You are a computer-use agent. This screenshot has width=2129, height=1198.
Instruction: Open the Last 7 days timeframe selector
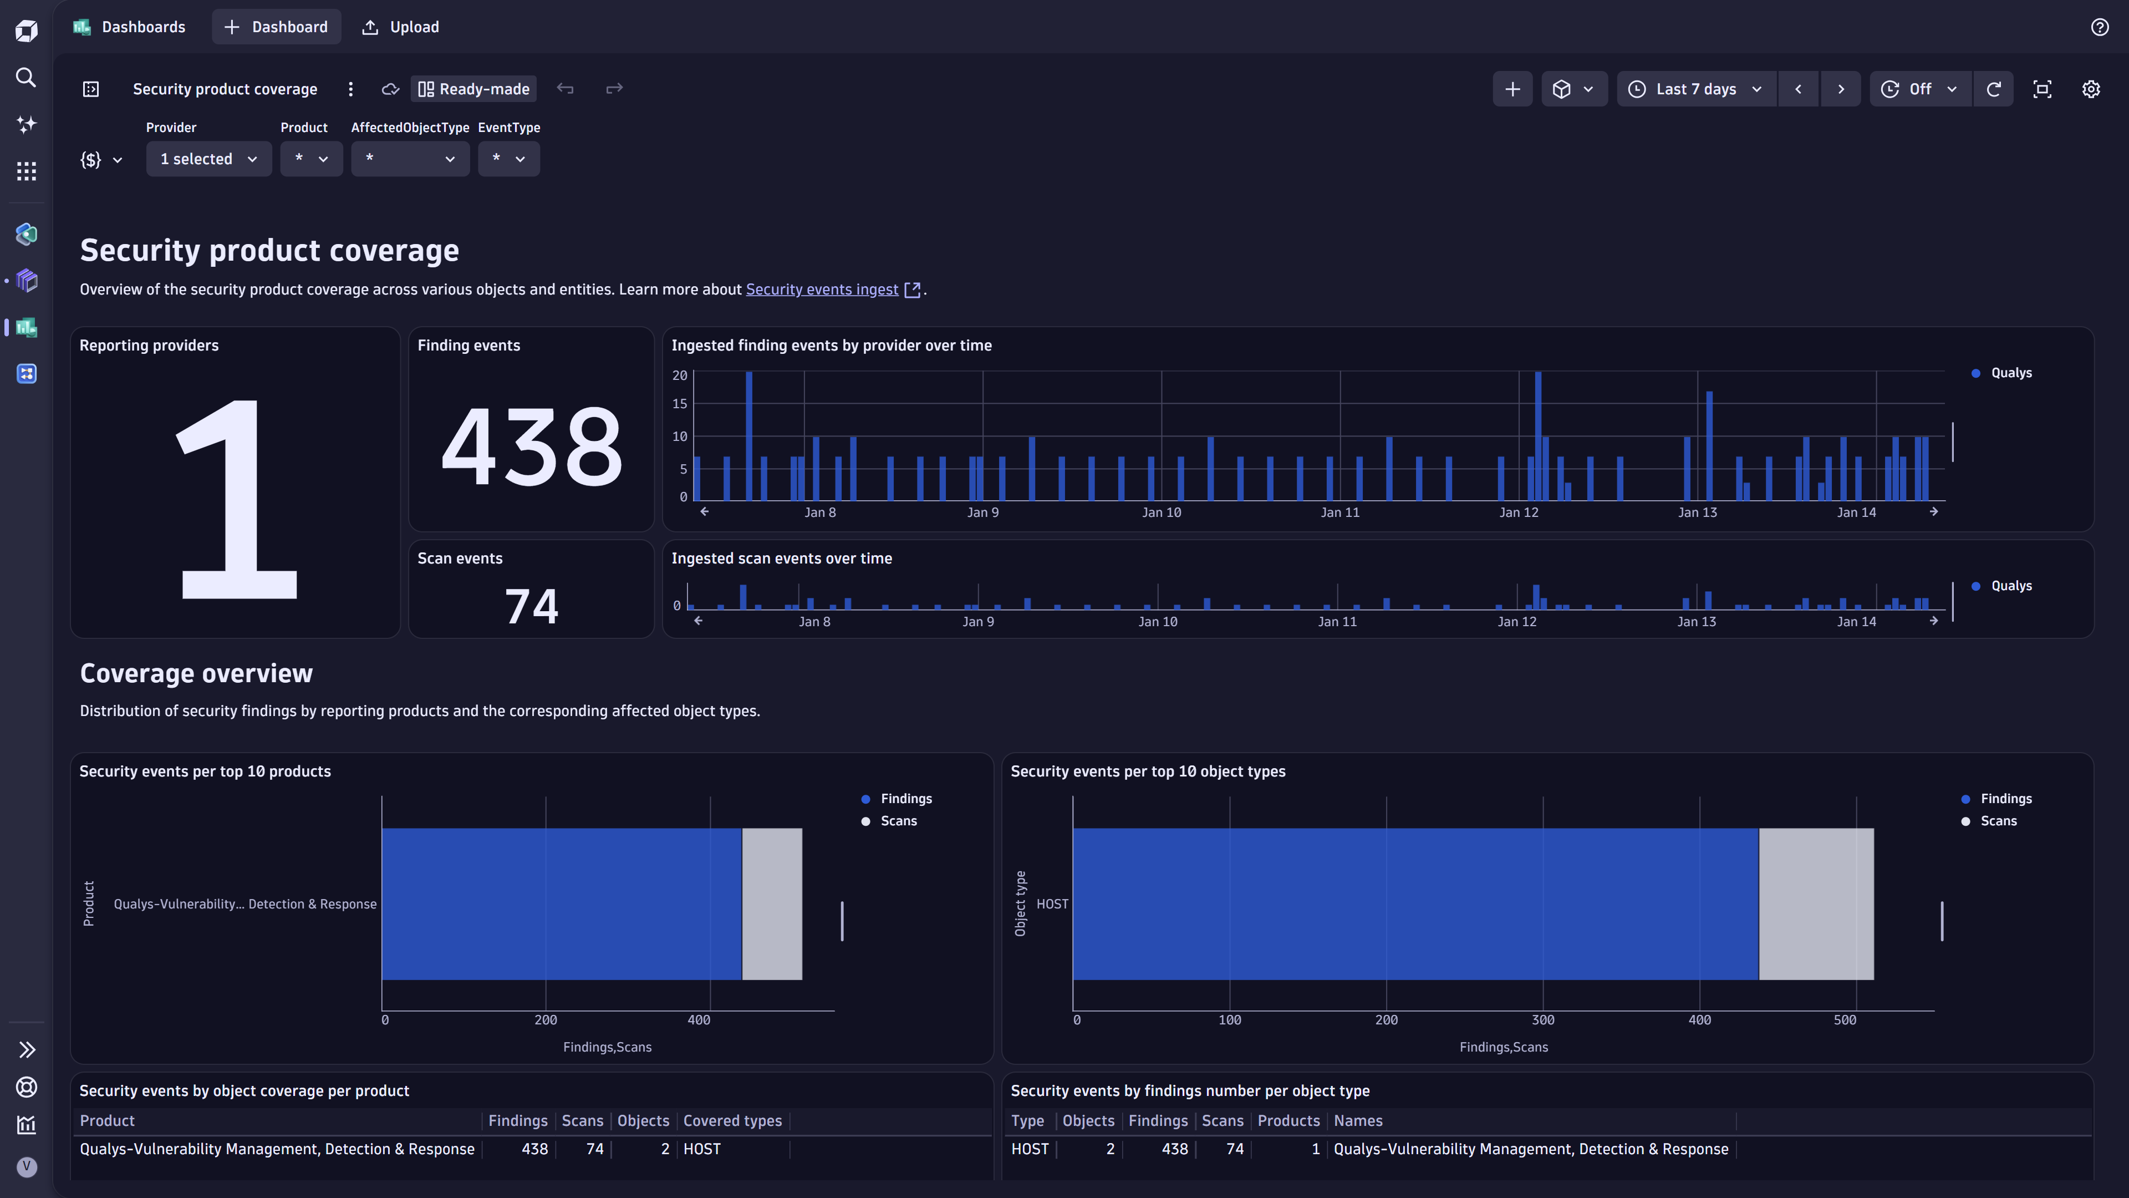1696,89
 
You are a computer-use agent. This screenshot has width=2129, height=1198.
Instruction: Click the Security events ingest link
822,290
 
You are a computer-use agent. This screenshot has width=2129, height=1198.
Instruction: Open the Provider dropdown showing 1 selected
208,159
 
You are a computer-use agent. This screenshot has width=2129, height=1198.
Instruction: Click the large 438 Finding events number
532,447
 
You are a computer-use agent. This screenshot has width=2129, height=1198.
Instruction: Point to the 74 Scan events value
532,606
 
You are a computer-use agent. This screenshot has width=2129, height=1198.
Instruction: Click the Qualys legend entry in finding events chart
2010,373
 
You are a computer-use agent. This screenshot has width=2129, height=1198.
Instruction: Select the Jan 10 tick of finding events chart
1161,512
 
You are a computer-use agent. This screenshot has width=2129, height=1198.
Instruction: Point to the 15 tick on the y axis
679,403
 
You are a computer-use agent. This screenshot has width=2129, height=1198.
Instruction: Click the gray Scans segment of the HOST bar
1816,903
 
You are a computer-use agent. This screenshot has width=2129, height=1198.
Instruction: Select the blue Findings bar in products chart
562,903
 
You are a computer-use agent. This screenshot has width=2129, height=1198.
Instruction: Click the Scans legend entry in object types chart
1998,821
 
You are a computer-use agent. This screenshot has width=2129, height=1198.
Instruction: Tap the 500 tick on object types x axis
1845,1021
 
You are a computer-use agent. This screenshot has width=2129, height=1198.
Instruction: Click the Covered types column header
732,1121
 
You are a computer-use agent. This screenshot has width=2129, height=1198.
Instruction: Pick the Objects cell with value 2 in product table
665,1149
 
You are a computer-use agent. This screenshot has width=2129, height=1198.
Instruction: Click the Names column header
1357,1121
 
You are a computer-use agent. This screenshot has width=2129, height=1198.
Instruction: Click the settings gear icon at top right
2091,89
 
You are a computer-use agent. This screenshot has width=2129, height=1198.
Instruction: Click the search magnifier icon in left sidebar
27,78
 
